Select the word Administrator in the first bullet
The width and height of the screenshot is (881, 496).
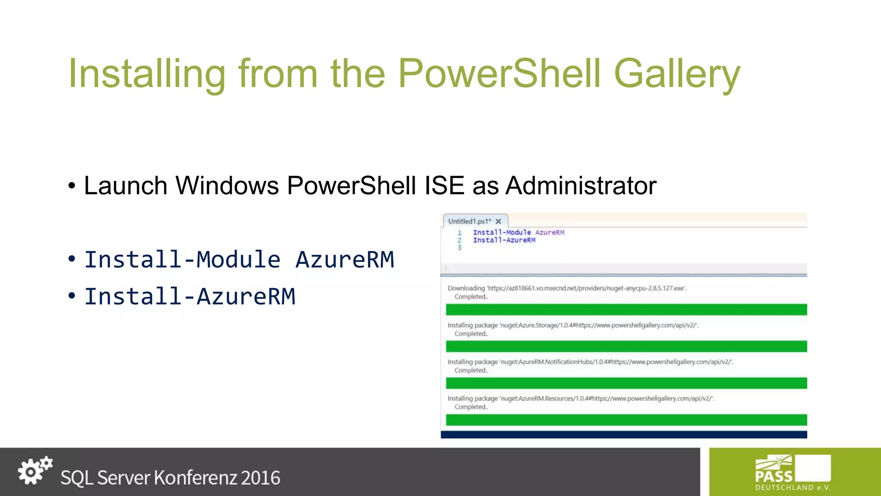point(581,186)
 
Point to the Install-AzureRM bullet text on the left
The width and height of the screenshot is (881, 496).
point(190,297)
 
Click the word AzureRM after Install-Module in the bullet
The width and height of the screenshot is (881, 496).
point(345,260)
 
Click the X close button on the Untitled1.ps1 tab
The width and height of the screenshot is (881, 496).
point(499,221)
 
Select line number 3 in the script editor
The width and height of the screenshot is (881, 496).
point(459,248)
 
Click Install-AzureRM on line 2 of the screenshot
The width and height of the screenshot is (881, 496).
point(504,240)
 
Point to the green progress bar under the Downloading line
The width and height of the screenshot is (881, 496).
point(626,310)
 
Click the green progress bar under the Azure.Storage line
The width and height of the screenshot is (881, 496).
point(626,346)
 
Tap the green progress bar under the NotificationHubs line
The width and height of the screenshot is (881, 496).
point(626,383)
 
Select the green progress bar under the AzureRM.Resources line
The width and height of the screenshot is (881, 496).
point(626,420)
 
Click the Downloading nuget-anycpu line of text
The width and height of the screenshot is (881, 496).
point(567,288)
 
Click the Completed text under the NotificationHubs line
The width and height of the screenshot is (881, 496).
point(471,370)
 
